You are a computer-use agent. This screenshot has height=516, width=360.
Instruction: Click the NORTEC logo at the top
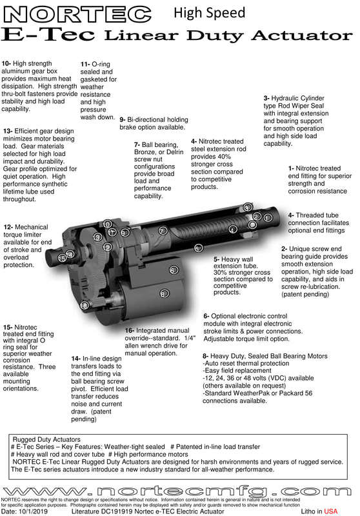tap(77, 15)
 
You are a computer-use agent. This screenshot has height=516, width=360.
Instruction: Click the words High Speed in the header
tap(209, 13)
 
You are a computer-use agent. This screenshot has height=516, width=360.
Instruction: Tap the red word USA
tap(331, 511)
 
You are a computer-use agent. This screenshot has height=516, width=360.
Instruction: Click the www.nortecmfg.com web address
tap(177, 491)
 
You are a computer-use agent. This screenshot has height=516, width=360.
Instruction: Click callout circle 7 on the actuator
tap(163, 231)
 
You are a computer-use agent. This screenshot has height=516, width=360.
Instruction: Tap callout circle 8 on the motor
tap(165, 293)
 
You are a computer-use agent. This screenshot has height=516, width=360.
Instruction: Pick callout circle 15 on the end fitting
tap(62, 259)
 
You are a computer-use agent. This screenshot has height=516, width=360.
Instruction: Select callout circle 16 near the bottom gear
tap(85, 306)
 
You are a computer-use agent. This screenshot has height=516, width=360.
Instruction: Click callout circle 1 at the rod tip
tap(268, 218)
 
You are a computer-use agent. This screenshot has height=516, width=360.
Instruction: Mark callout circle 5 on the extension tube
tap(198, 248)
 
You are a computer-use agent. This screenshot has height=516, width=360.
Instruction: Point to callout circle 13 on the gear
tap(97, 237)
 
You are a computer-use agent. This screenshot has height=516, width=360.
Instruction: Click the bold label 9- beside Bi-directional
tap(123, 120)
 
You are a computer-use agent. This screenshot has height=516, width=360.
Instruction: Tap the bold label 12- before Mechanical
tap(8, 227)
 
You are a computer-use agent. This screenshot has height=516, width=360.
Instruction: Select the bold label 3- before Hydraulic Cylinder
tap(266, 98)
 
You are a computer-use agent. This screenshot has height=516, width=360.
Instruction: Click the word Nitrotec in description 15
tap(26, 327)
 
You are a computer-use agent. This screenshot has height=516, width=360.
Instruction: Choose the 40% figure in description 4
tap(225, 156)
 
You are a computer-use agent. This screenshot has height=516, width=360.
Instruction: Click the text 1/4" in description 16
tap(189, 338)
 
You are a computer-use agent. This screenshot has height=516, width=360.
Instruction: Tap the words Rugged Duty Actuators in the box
tap(46, 439)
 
